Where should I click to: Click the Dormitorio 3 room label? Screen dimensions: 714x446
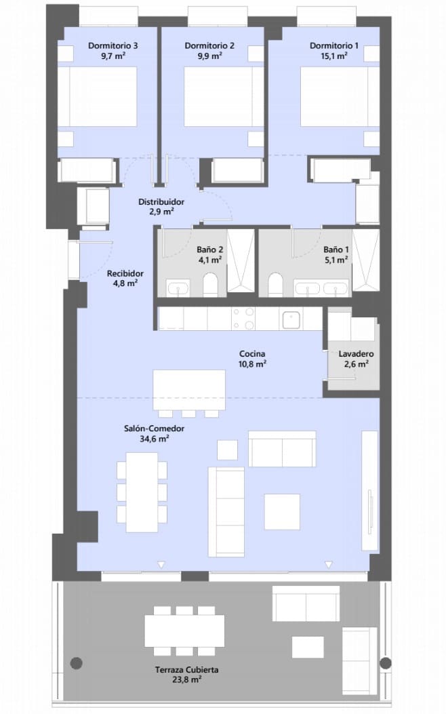[x=113, y=46]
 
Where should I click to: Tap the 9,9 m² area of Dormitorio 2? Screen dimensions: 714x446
[x=209, y=57]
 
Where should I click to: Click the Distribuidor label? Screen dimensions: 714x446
[x=161, y=202]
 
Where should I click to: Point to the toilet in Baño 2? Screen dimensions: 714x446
[x=211, y=285]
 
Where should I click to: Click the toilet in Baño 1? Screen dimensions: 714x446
[x=276, y=285]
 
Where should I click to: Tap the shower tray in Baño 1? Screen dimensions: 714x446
[x=368, y=261]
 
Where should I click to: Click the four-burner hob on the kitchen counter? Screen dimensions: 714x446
[x=243, y=319]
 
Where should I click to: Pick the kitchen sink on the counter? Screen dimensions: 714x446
[x=293, y=319]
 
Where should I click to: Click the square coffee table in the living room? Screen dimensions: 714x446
[x=282, y=511]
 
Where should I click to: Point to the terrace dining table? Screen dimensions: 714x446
[x=184, y=631]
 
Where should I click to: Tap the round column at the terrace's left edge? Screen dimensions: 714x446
[x=77, y=662]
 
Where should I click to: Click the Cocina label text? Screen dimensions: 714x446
[x=251, y=354]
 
